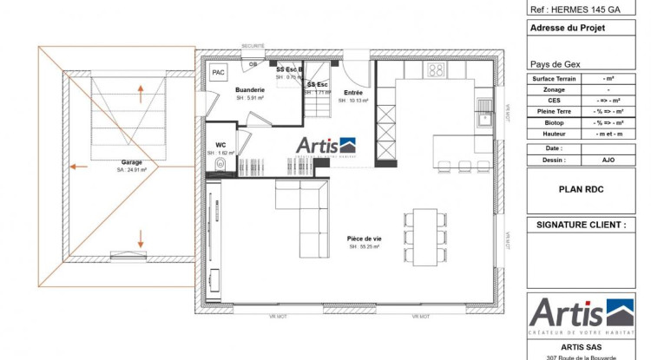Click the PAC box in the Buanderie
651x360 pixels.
click(x=218, y=73)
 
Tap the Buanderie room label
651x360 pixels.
click(x=250, y=89)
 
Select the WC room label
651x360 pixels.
click(x=221, y=145)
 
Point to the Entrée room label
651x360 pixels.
click(x=353, y=92)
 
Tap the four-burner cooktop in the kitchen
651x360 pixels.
click(x=436, y=69)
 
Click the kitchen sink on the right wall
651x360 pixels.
click(x=483, y=120)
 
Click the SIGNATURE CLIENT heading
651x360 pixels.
click(x=581, y=225)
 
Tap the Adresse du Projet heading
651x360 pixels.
click(x=568, y=28)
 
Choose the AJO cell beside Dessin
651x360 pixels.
click(x=608, y=159)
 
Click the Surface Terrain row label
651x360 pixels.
click(x=555, y=78)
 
